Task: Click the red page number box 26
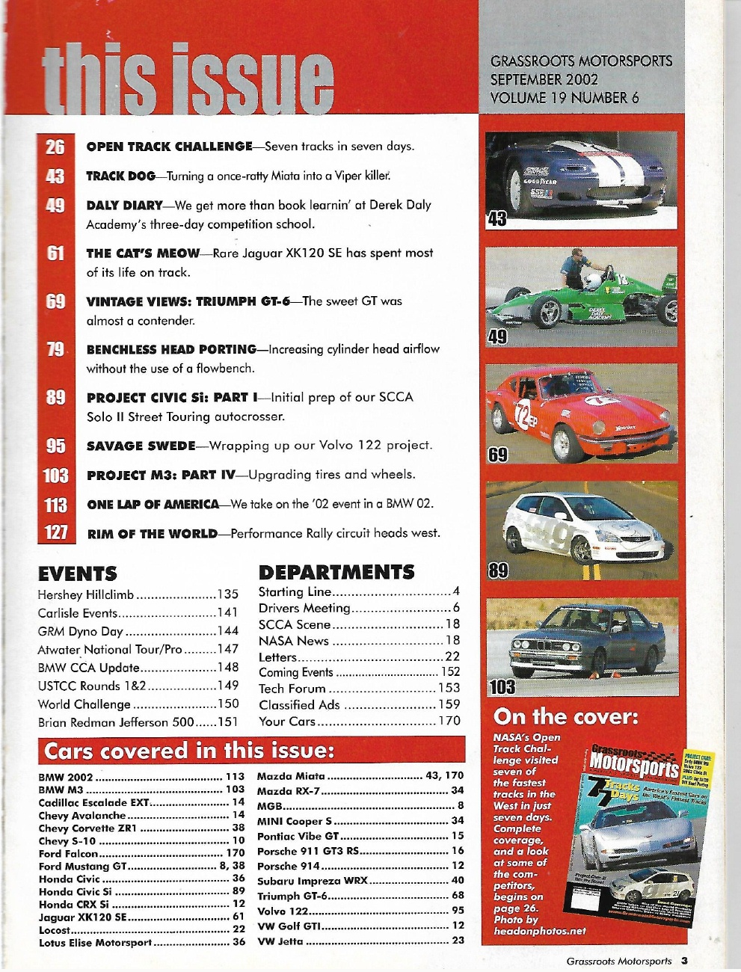pos(55,146)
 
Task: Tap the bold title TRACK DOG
pos(120,176)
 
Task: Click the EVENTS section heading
pos(77,573)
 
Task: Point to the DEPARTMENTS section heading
pos(336,572)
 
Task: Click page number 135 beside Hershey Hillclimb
pos(227,594)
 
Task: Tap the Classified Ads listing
pos(299,704)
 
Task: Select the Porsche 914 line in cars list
pos(289,866)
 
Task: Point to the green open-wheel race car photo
pos(581,295)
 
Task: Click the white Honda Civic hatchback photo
pos(581,529)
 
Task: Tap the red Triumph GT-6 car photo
pos(581,411)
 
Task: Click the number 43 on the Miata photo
pos(496,218)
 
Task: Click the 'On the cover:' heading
pos(565,717)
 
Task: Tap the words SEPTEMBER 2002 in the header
pos(544,79)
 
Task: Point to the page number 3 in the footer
pos(683,961)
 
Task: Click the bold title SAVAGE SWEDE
pos(141,446)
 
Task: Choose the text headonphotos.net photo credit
pos(540,931)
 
